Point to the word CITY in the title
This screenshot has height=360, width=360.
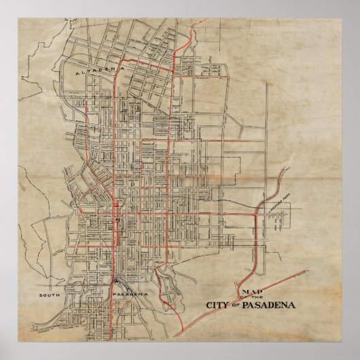tap(219, 304)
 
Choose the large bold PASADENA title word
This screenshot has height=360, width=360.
tap(265, 304)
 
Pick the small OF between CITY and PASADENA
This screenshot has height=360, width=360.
tap(235, 305)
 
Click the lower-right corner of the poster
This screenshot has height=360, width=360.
tap(359, 359)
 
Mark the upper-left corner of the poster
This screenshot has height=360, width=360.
tap(1, 1)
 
